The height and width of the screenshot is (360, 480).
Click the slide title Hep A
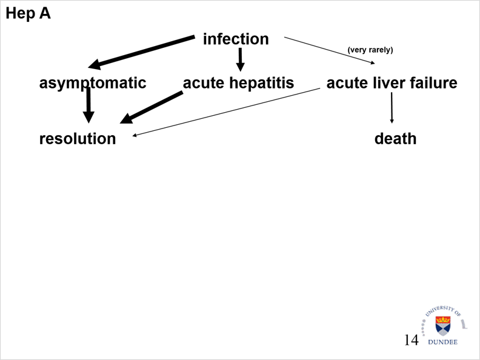[x=28, y=13]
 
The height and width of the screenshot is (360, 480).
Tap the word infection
[x=235, y=39]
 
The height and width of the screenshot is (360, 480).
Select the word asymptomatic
[x=93, y=82]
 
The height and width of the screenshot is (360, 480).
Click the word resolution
[x=78, y=138]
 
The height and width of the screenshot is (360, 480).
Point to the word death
[x=395, y=138]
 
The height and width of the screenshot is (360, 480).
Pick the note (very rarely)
[x=370, y=50]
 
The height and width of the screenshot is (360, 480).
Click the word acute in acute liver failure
[x=345, y=82]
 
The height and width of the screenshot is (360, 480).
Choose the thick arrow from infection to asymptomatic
[x=142, y=51]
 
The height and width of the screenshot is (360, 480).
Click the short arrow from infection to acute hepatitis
[x=240, y=59]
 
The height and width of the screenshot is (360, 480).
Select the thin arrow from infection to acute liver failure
[x=330, y=50]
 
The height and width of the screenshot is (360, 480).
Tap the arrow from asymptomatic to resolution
[x=88, y=104]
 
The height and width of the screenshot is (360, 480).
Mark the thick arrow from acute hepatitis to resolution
[x=152, y=107]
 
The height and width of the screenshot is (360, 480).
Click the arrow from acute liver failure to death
[x=392, y=107]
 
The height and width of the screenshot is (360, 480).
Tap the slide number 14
[x=411, y=340]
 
